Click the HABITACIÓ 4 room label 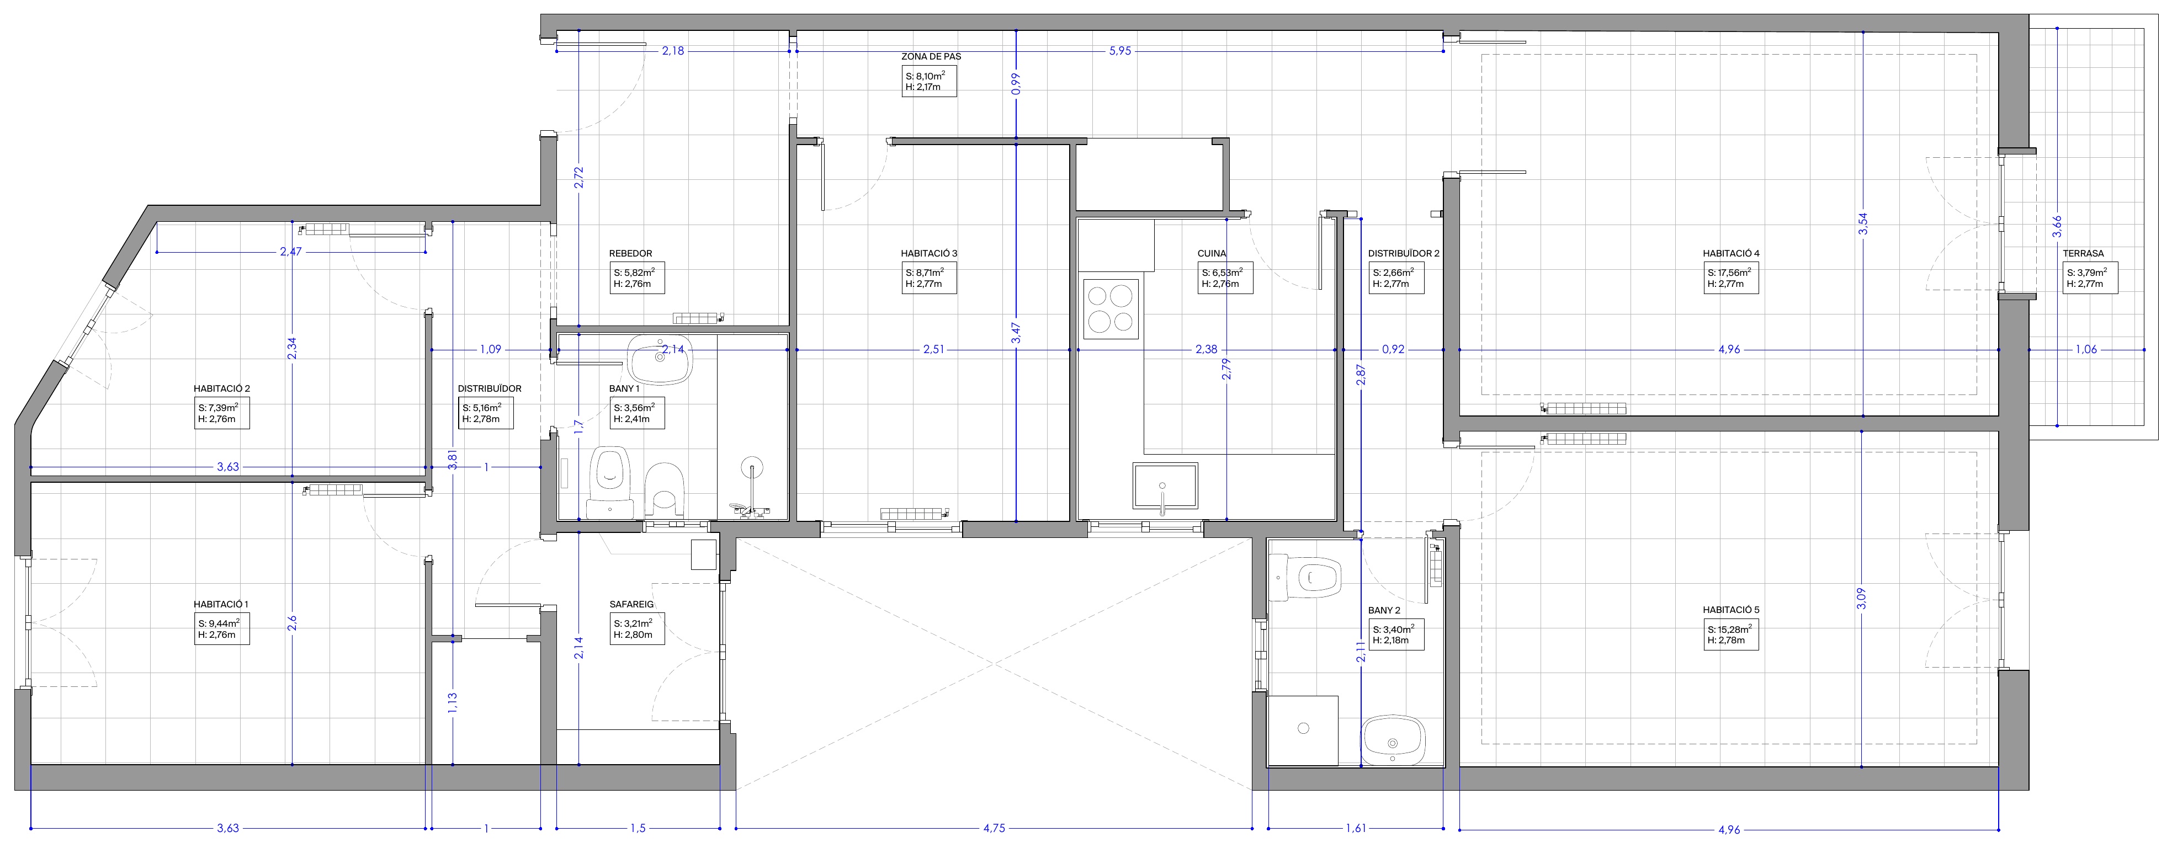click(1731, 253)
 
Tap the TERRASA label click(2084, 253)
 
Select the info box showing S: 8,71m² click(929, 278)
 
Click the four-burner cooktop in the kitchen click(1109, 308)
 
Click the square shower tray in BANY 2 click(1303, 730)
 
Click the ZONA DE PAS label click(931, 56)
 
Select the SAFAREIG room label click(631, 604)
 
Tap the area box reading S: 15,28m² click(1730, 634)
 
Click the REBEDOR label click(631, 253)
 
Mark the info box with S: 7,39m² click(222, 414)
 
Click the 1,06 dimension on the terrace click(2085, 350)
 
